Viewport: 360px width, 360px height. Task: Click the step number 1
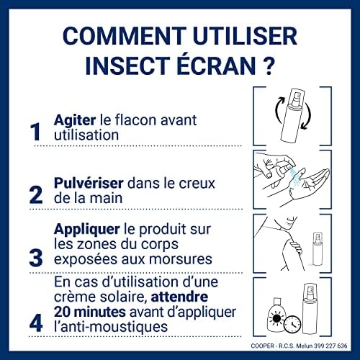point(35,132)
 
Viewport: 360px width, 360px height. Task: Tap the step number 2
point(35,193)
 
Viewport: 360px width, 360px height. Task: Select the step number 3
point(35,257)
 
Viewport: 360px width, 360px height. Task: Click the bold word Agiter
point(77,120)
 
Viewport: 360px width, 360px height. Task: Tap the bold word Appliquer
point(87,229)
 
